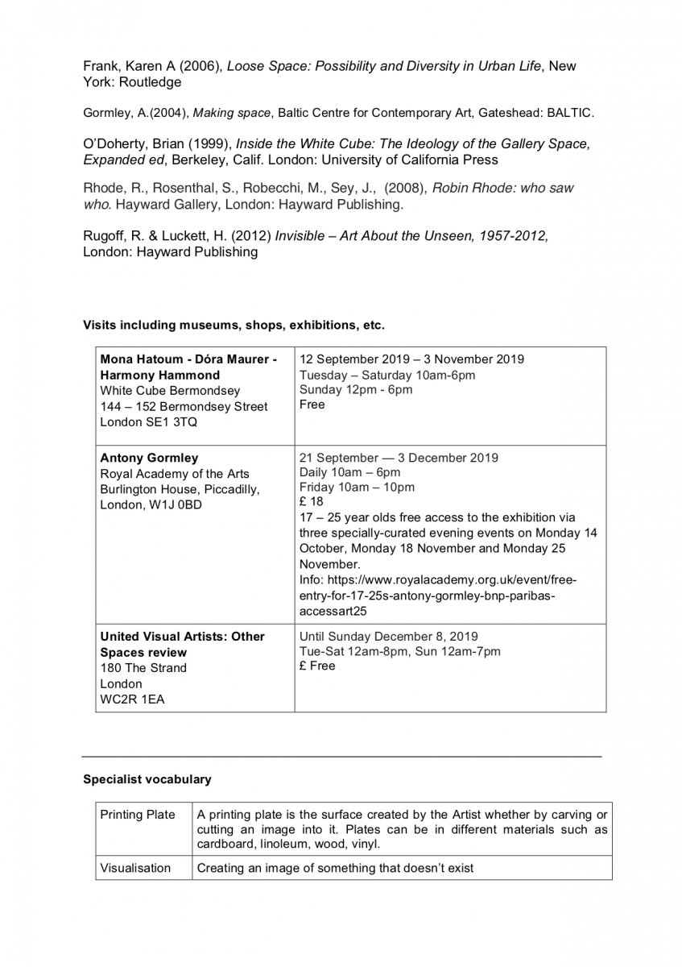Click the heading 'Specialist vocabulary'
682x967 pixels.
[147, 779]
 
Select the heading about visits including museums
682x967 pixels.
[234, 326]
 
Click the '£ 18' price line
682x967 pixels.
[312, 501]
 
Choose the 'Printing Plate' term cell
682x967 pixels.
[138, 815]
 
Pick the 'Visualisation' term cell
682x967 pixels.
[135, 868]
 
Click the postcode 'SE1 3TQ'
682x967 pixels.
[161, 421]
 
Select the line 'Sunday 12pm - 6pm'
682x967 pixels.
[356, 390]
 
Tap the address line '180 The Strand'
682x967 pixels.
[143, 668]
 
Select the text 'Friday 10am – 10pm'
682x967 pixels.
[358, 487]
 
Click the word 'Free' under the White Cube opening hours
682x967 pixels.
[312, 405]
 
